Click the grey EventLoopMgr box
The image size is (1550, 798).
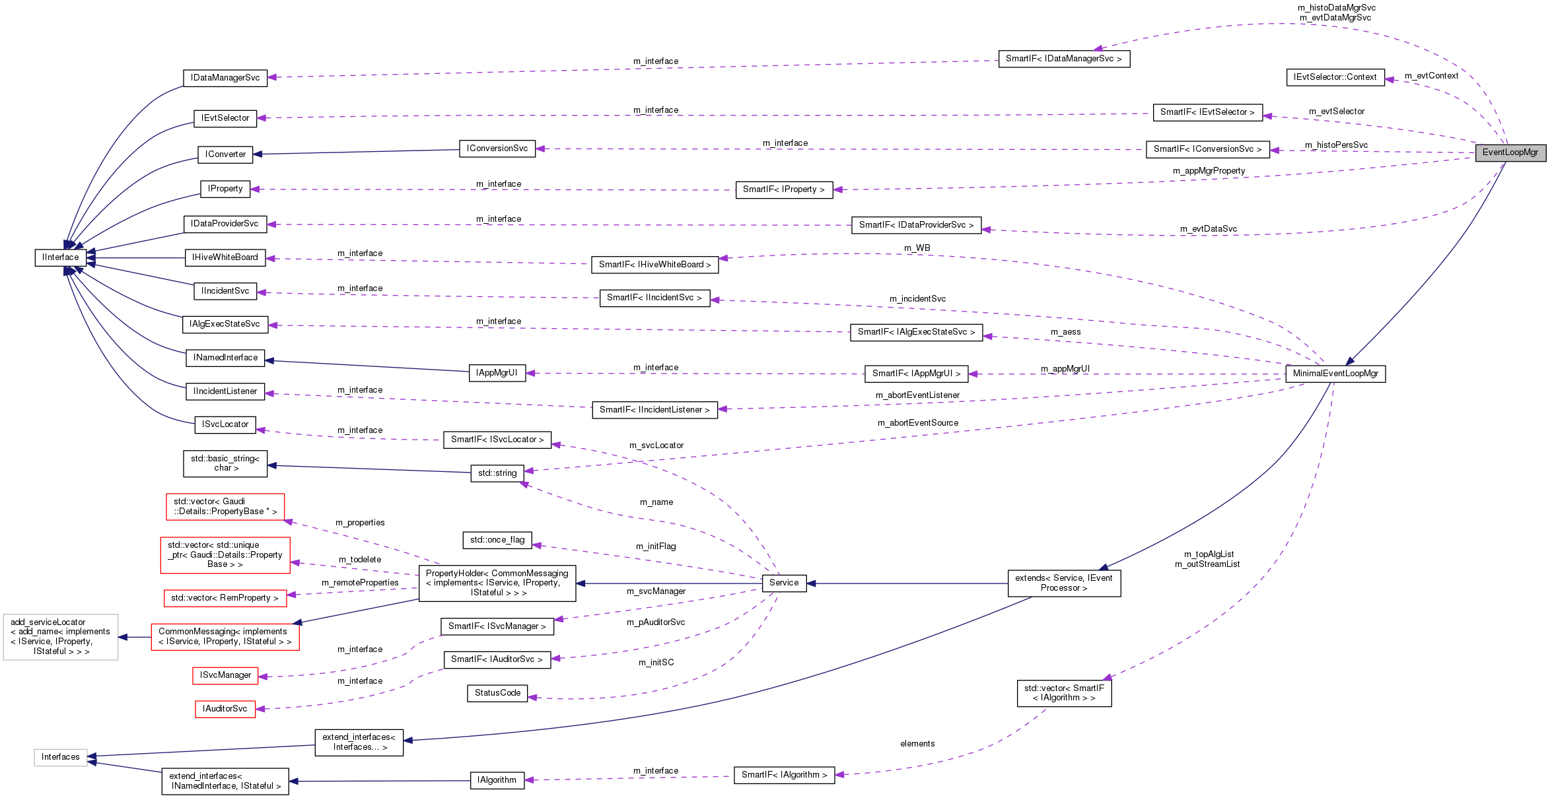pos(1510,152)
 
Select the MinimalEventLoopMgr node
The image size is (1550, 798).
pos(1335,374)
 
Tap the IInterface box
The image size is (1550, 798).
pos(60,257)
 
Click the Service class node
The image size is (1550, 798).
pos(784,583)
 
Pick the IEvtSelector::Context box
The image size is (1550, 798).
pos(1335,77)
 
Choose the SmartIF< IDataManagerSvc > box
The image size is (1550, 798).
pos(1063,59)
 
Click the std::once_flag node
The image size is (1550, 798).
pos(497,540)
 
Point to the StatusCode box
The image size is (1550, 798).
pos(497,693)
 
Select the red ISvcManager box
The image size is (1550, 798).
pos(225,675)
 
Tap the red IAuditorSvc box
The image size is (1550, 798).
pos(225,709)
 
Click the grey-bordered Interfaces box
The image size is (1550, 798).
pos(60,757)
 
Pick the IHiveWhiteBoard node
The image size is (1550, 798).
pos(225,257)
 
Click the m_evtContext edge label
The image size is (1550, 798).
pos(1431,76)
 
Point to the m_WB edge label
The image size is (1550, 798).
pos(917,248)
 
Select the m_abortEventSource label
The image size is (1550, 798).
pos(917,423)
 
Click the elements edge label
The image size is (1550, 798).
pos(917,744)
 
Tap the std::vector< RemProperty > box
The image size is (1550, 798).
pos(225,598)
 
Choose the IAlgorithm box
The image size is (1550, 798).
pos(497,780)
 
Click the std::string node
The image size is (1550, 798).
pos(497,473)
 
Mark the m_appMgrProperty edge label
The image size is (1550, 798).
pos(1209,171)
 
